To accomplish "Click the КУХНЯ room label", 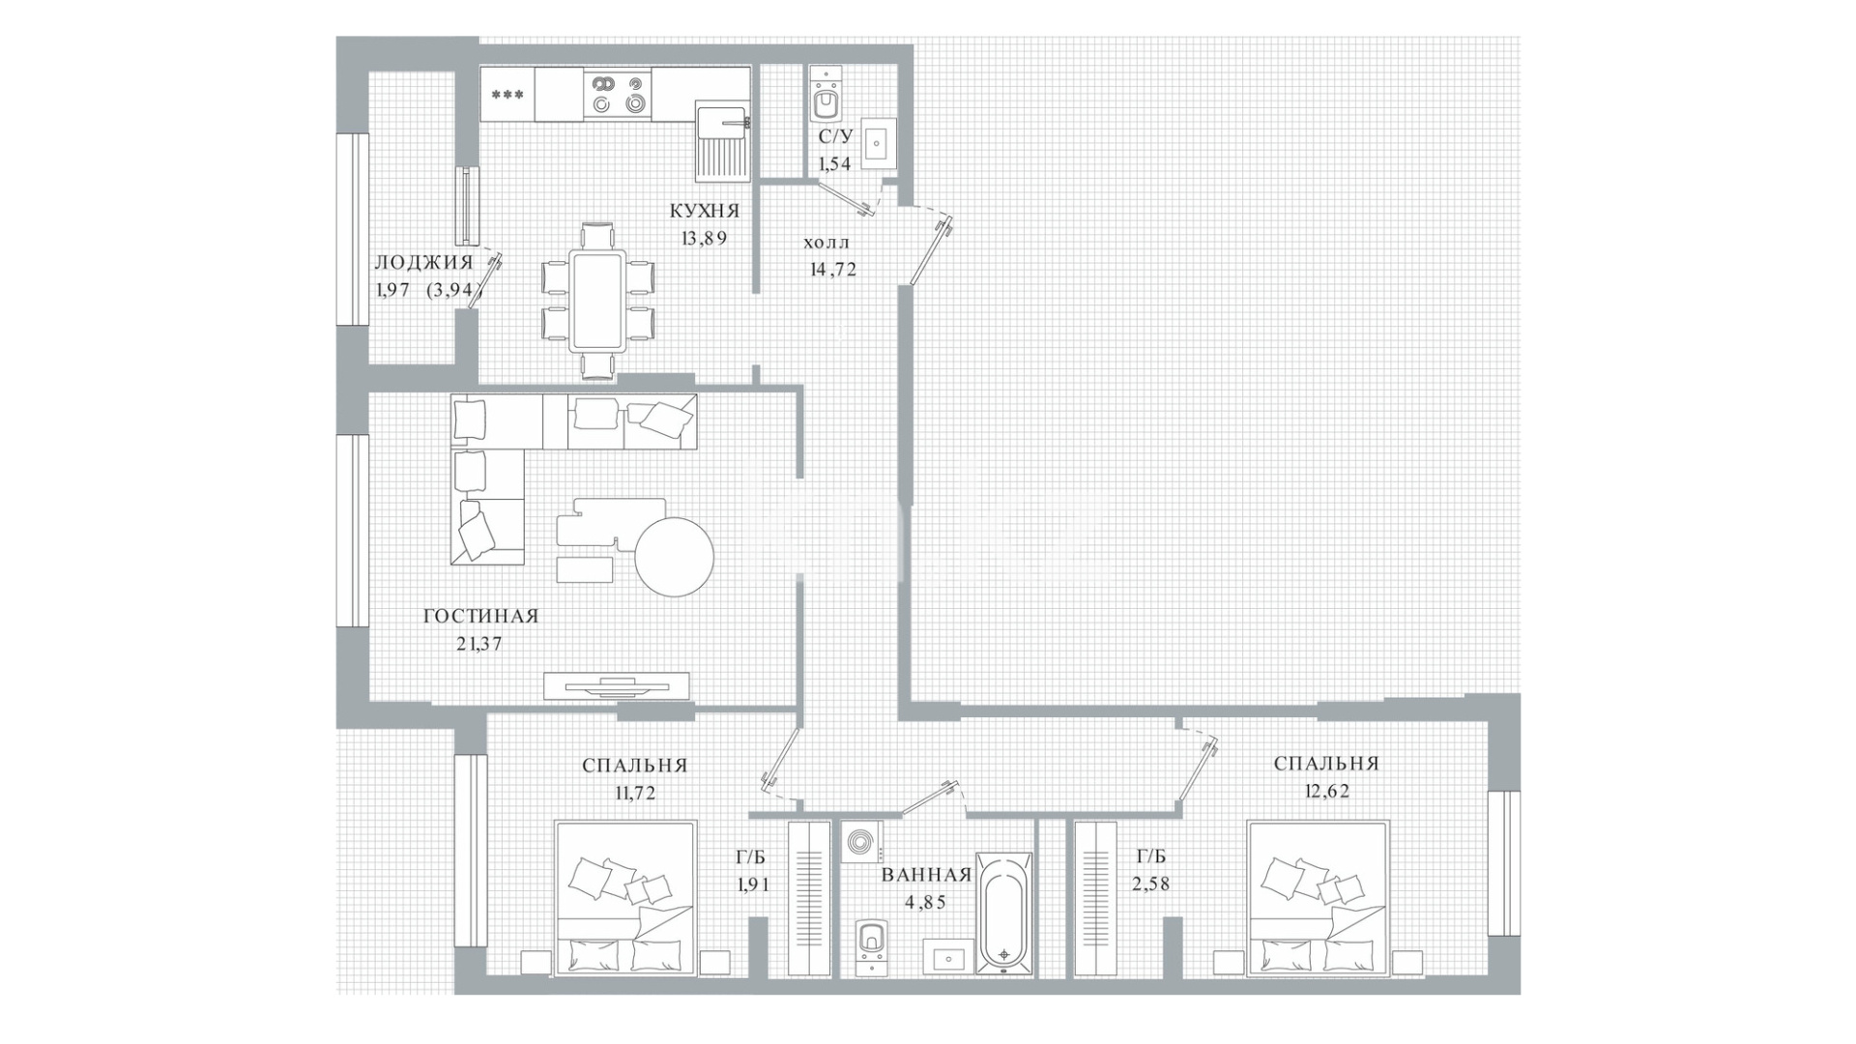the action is click(x=705, y=211).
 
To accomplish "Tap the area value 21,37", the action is click(x=479, y=644).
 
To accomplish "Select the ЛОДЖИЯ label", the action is click(x=423, y=262).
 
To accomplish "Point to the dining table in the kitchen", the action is click(x=598, y=301).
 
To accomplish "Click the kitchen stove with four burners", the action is click(x=619, y=94).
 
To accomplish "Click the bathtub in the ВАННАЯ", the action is click(x=1004, y=912).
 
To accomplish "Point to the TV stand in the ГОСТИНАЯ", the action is click(x=617, y=685).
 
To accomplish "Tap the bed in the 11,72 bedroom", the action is click(x=625, y=898).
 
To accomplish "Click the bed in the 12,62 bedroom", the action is click(x=1319, y=898).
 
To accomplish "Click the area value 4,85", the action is click(x=924, y=903).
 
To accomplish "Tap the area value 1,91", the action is click(x=751, y=883).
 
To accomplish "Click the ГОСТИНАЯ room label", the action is click(x=480, y=617).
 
